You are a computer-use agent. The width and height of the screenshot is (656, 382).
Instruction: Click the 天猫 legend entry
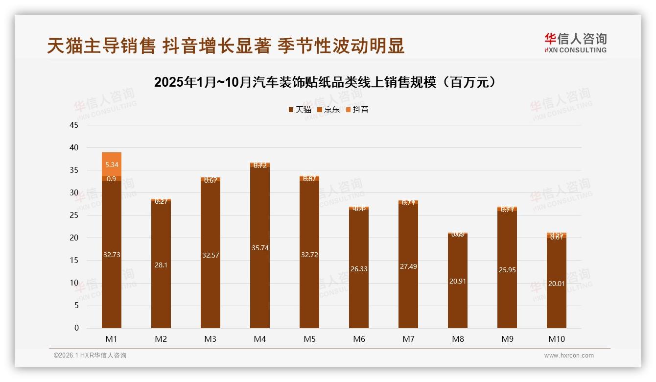point(300,109)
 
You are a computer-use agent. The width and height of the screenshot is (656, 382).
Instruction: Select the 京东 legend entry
point(328,109)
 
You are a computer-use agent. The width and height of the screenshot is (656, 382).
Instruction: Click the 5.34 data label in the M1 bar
point(112,165)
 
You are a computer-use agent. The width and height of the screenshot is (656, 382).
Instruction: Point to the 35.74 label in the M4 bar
point(259,248)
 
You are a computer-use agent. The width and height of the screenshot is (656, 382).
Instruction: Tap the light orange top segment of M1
point(112,159)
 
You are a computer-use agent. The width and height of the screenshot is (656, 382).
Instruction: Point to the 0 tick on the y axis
point(76,328)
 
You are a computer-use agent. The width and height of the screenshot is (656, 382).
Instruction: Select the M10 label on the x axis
point(556,339)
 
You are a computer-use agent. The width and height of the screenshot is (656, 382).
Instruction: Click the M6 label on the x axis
point(358,339)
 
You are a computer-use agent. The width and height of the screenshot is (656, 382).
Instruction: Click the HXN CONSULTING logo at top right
point(575,43)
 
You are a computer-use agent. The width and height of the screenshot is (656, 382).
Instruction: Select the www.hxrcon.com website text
point(569,356)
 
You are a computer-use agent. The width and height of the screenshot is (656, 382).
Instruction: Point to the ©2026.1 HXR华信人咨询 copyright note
point(90,356)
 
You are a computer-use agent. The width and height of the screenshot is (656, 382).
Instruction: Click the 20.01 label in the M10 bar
point(556,283)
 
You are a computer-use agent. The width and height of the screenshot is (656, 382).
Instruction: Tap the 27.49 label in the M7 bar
point(408,266)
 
